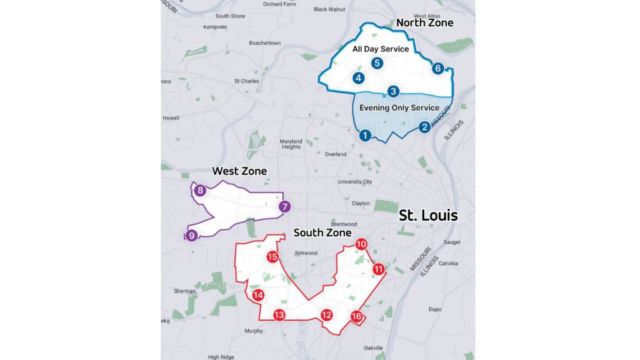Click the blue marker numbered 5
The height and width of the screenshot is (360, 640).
point(376,62)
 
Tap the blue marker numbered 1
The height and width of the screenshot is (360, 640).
point(365,134)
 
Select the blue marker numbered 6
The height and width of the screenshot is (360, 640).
point(437,68)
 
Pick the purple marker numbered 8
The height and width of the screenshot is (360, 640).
point(200,191)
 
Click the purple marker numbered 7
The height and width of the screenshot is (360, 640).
point(284,207)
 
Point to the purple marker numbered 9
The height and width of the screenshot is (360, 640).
point(191,235)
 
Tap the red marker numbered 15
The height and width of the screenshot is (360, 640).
point(272,256)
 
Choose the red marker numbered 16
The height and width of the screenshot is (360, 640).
point(356,316)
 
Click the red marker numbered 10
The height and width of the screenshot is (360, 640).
point(361,244)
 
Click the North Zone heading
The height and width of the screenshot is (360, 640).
point(424,23)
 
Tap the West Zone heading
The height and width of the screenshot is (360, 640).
point(239,171)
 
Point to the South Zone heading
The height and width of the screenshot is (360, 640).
point(322,232)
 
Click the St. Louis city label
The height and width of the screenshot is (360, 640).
point(428,216)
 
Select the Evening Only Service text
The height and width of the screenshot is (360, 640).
point(399,108)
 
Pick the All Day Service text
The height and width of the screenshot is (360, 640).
point(381,49)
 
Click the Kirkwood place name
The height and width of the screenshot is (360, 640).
point(306,253)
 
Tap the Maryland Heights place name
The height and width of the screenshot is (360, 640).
point(291,144)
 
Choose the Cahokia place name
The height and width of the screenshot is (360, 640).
point(449,263)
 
